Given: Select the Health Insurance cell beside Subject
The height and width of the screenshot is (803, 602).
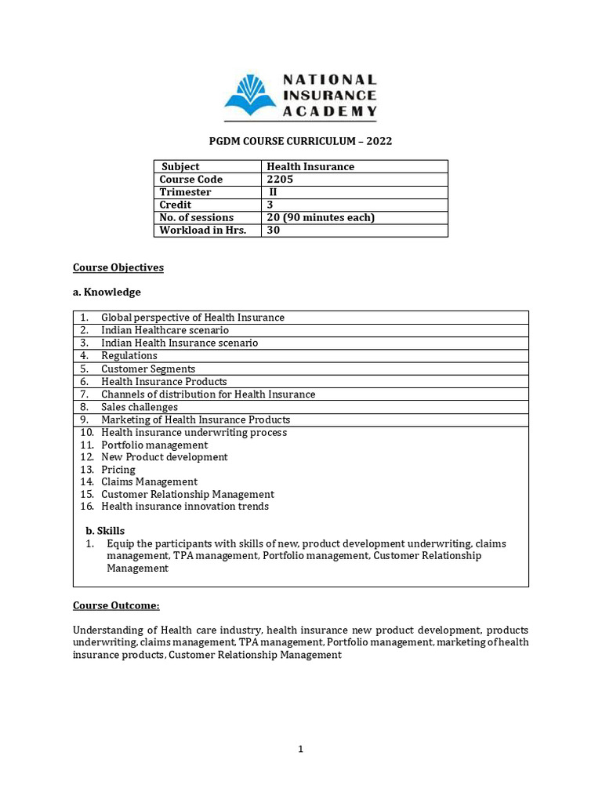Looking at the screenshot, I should (310, 166).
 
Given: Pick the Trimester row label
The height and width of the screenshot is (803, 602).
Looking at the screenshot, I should (185, 192).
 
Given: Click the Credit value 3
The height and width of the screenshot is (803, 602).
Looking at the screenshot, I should (270, 205).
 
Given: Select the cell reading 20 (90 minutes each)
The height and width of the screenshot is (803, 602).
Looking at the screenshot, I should (321, 217).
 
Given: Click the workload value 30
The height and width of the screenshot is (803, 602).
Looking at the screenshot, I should (274, 231).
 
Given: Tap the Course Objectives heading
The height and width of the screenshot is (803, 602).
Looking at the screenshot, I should (118, 267).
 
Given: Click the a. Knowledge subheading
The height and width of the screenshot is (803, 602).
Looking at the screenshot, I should (107, 292).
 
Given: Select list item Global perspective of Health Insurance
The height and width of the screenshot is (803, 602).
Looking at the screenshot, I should (192, 318).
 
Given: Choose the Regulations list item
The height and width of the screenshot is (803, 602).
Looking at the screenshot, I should (129, 356).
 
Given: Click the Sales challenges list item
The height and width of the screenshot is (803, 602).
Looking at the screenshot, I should (140, 407).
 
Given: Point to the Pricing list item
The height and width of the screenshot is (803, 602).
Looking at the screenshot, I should (118, 470).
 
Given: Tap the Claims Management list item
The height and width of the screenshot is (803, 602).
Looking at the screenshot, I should (149, 481).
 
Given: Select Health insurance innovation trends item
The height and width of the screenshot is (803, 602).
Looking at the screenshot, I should (185, 507).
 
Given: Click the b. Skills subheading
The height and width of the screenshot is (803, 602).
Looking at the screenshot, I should (105, 531).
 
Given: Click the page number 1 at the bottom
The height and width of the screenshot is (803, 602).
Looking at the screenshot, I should (300, 749).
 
